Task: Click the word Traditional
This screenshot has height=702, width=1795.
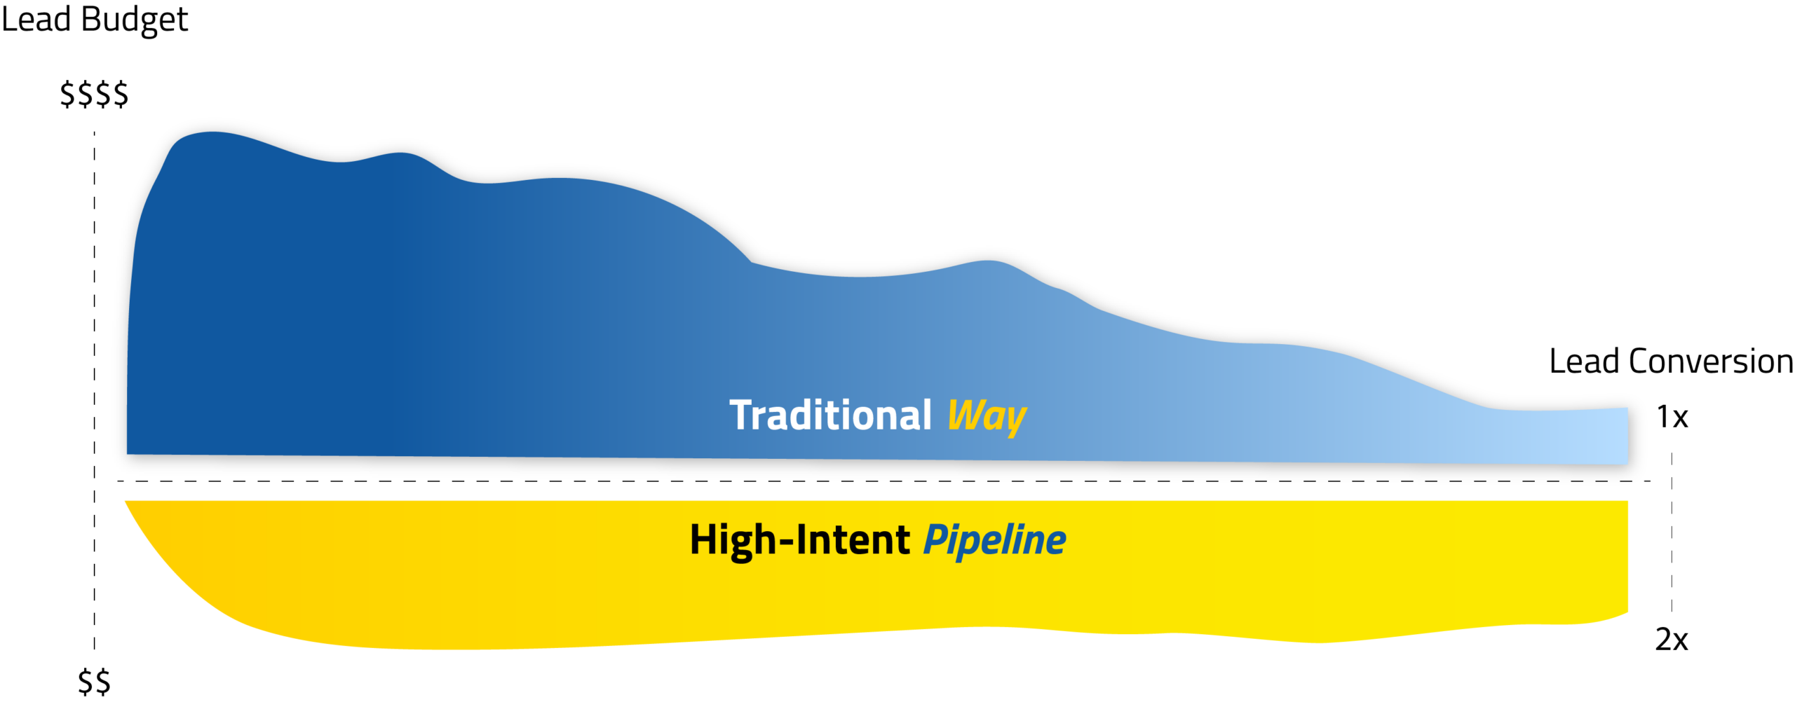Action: [x=830, y=415]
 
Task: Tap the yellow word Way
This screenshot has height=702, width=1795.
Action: [x=987, y=417]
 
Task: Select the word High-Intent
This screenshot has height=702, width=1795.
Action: [x=799, y=540]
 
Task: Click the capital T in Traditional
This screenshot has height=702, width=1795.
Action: [x=742, y=415]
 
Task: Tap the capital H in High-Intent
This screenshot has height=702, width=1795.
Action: [x=703, y=540]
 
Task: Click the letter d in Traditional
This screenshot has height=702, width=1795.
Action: [x=802, y=415]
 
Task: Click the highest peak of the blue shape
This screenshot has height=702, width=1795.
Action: [x=210, y=133]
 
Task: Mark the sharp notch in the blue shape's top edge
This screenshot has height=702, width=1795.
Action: [x=752, y=262]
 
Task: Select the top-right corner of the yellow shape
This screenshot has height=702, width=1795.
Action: [x=1627, y=502]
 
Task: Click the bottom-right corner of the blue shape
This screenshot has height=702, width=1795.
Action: [x=1627, y=463]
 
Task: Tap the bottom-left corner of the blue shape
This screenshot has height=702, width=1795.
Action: [x=128, y=453]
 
